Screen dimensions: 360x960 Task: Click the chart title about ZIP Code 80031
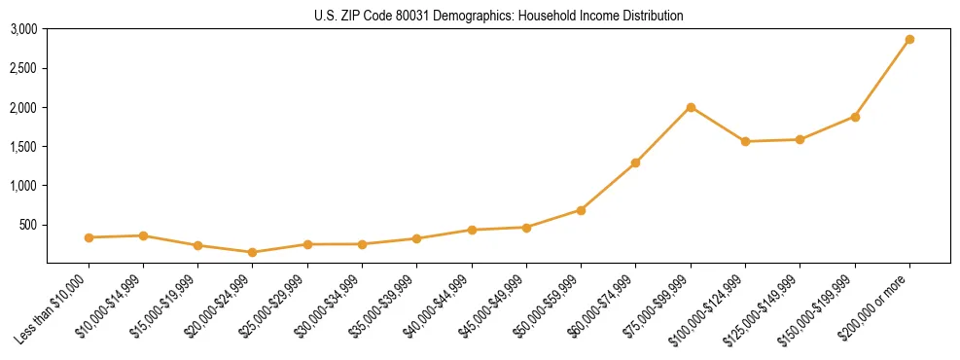pyautogui.click(x=498, y=16)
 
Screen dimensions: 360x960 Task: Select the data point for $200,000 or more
pyautogui.click(x=909, y=40)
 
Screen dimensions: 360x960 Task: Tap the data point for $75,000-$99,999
pyautogui.click(x=691, y=107)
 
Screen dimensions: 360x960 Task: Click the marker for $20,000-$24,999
pyautogui.click(x=253, y=252)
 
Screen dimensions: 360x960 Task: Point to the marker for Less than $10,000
pyautogui.click(x=89, y=237)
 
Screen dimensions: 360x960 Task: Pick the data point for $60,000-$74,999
pyautogui.click(x=636, y=162)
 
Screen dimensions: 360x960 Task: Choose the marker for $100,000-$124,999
pyautogui.click(x=745, y=142)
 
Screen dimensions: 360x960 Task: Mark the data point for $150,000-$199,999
pyautogui.click(x=855, y=117)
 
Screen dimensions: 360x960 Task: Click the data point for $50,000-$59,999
pyautogui.click(x=581, y=210)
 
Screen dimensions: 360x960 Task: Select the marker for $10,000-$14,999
pyautogui.click(x=143, y=235)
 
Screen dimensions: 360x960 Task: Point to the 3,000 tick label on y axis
pyautogui.click(x=23, y=29)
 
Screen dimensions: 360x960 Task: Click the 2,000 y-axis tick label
pyautogui.click(x=23, y=107)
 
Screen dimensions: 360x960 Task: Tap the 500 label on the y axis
pyautogui.click(x=28, y=225)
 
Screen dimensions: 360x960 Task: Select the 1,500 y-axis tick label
pyautogui.click(x=23, y=147)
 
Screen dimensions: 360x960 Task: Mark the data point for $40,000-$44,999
pyautogui.click(x=472, y=230)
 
